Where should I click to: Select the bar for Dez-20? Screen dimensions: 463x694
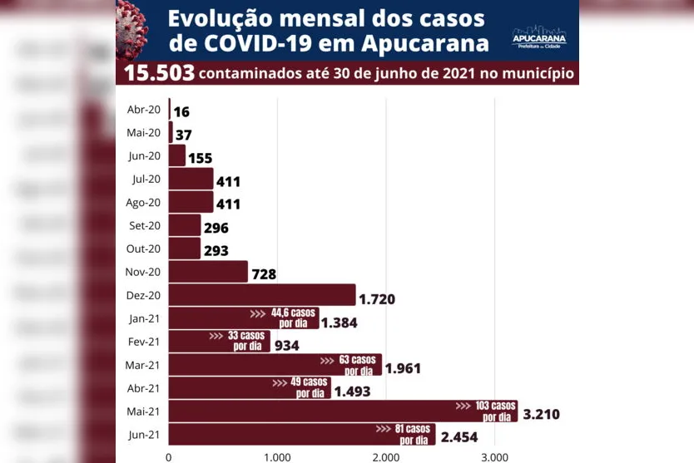click(x=262, y=294)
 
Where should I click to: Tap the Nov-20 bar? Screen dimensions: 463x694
click(x=208, y=272)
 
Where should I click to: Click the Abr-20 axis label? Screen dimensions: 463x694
click(x=144, y=110)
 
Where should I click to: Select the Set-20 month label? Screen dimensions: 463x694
click(x=144, y=225)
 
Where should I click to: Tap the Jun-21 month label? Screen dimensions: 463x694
click(x=144, y=434)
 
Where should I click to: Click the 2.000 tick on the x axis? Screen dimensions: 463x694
click(x=385, y=456)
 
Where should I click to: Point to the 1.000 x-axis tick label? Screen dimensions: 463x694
click(x=277, y=456)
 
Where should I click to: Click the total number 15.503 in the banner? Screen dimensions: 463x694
click(x=159, y=73)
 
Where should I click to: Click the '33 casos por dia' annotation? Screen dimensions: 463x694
click(x=237, y=341)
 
